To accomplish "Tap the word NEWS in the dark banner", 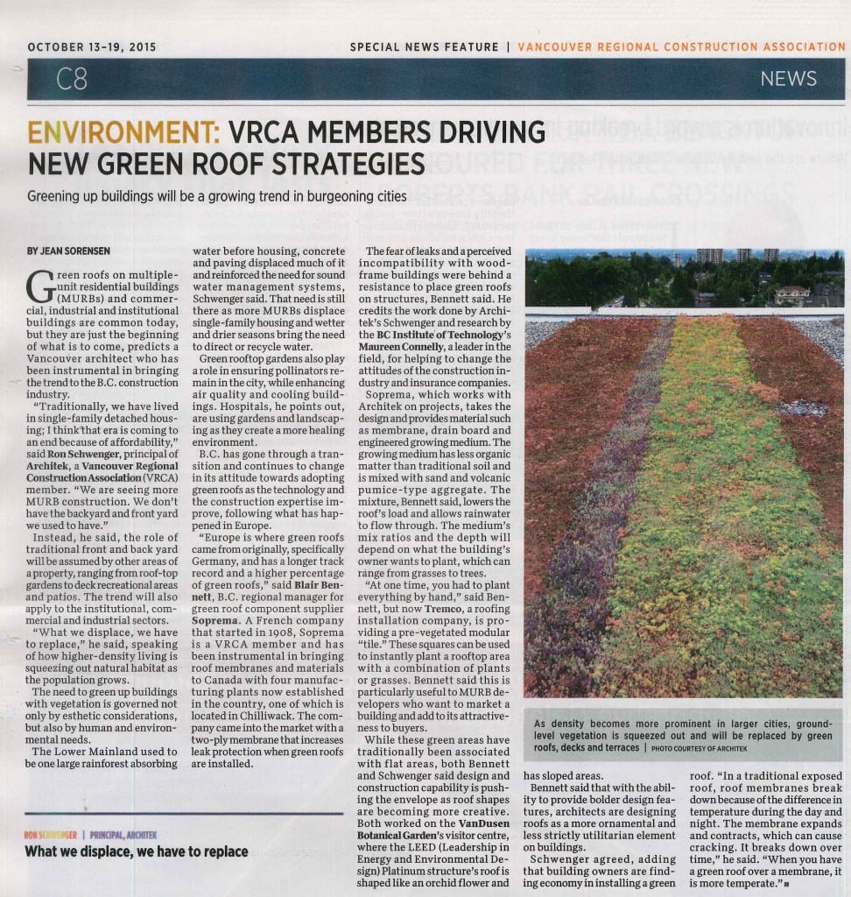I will tap(788, 79).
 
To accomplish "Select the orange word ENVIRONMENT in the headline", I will tap(123, 133).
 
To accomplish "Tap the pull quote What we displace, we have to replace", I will tap(137, 851).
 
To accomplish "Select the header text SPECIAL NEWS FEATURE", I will tap(424, 46).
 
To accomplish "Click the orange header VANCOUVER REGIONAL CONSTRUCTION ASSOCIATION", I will tap(681, 46).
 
